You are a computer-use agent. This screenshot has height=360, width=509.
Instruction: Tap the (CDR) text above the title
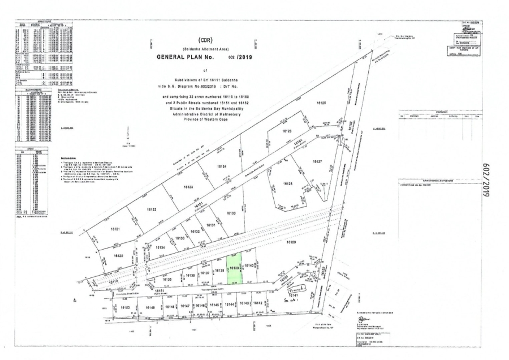(x=203, y=41)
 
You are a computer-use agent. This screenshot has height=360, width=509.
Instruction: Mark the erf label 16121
(x=116, y=229)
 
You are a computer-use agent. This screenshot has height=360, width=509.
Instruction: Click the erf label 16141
(x=294, y=295)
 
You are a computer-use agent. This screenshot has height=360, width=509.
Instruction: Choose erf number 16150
(x=125, y=307)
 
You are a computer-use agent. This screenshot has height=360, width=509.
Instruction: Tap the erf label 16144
(x=229, y=305)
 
